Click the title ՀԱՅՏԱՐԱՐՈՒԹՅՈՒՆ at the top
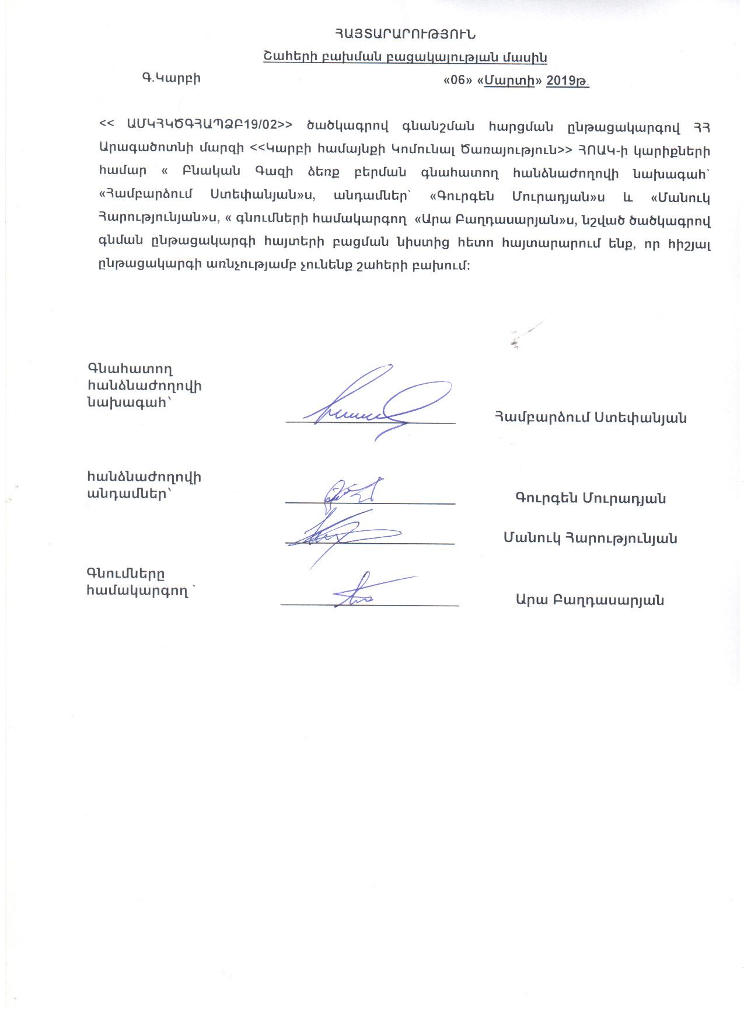coord(404,34)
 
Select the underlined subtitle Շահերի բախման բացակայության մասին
coord(404,57)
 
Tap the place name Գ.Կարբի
coord(171,78)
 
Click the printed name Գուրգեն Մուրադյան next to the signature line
coord(591,498)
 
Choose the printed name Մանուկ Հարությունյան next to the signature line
coord(590,538)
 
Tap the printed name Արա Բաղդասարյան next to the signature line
coord(589,599)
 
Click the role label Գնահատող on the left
coord(130,369)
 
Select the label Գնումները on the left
coord(125,573)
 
